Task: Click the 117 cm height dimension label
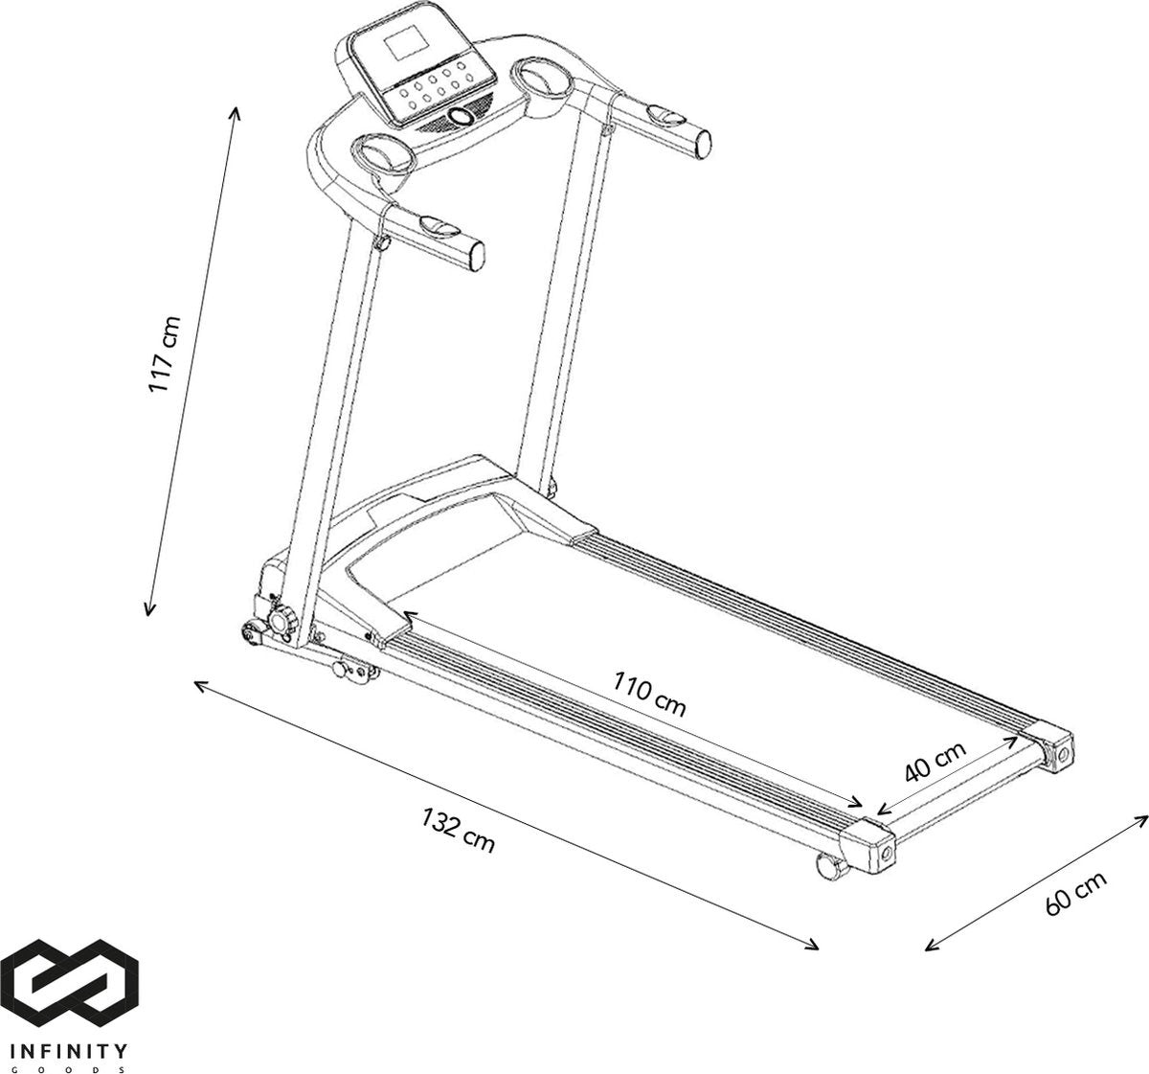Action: click(x=165, y=354)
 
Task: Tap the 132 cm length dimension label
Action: click(x=458, y=831)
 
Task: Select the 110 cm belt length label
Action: click(x=650, y=694)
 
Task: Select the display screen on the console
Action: click(x=406, y=45)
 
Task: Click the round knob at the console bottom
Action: click(x=462, y=117)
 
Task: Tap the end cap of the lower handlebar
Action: click(x=477, y=256)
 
